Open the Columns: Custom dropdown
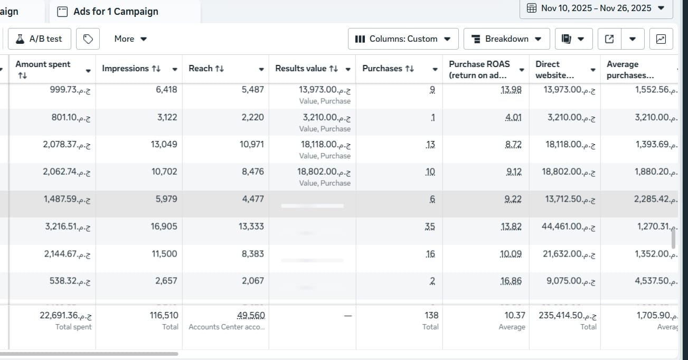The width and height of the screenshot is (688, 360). tap(403, 39)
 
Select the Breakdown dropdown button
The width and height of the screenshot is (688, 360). tap(506, 39)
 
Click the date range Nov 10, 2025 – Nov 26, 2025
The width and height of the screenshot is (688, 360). tap(596, 8)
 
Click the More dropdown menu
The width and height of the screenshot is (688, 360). tap(130, 39)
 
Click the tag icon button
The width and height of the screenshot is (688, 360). tap(88, 39)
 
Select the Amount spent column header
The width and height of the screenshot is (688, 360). tap(43, 64)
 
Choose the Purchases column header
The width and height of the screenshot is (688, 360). tap(388, 69)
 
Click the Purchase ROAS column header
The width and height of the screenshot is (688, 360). tap(479, 69)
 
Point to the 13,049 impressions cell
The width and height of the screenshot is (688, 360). tap(164, 144)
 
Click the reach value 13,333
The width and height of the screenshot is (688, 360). tap(251, 226)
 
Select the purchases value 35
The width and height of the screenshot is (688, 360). tap(430, 226)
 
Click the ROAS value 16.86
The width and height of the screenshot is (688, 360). tap(511, 281)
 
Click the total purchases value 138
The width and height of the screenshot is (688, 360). tap(431, 315)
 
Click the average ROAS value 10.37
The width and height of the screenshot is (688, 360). tap(515, 315)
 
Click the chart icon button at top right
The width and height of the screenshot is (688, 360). tap(661, 39)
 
